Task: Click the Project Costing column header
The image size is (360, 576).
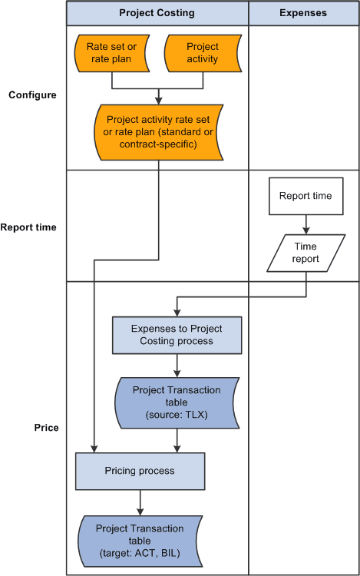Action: (157, 13)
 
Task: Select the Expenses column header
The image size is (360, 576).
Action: (303, 13)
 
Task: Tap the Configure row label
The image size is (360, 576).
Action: (32, 95)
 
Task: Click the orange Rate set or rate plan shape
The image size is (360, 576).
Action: (111, 53)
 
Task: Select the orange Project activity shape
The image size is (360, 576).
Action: (203, 53)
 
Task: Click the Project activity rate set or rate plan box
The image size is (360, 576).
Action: (157, 132)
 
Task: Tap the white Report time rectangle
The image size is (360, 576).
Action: (306, 196)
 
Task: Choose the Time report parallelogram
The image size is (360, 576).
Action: (306, 253)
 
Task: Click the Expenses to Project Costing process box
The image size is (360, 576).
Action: (177, 335)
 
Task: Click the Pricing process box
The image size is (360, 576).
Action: (140, 470)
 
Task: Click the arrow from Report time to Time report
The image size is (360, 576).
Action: (306, 224)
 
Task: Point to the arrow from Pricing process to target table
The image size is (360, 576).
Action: (140, 502)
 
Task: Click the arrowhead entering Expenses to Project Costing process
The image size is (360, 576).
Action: (177, 311)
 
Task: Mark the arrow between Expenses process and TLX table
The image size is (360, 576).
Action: (177, 365)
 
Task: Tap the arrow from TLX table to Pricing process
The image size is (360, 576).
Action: (177, 439)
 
